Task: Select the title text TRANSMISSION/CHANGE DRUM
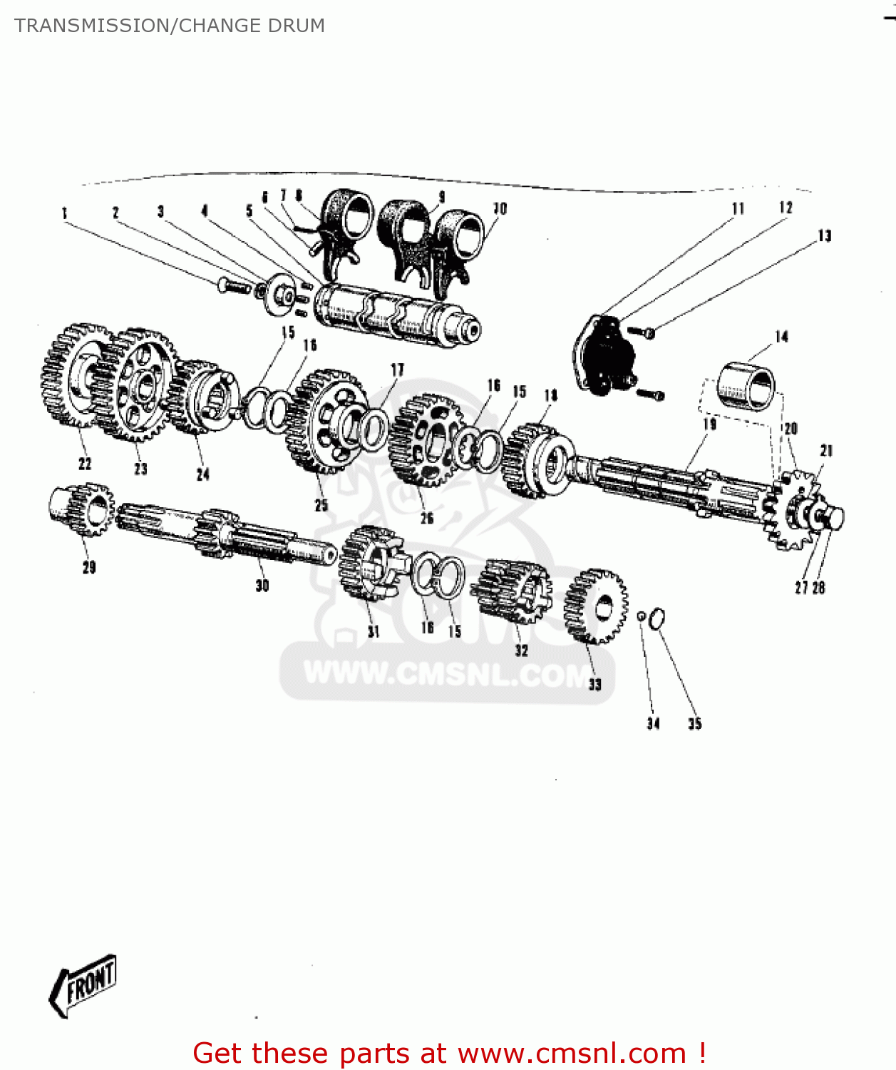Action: click(x=170, y=26)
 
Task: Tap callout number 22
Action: click(x=85, y=464)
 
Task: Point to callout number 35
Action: click(x=694, y=724)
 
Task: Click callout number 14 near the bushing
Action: click(x=781, y=336)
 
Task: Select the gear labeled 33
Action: click(x=595, y=606)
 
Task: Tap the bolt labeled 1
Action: click(x=234, y=286)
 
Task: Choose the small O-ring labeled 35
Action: click(x=658, y=618)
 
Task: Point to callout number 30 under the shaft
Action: click(x=262, y=586)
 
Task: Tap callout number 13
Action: click(x=824, y=235)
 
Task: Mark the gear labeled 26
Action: click(x=425, y=439)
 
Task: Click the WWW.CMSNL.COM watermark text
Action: click(x=448, y=674)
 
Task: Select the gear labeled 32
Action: click(x=515, y=591)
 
